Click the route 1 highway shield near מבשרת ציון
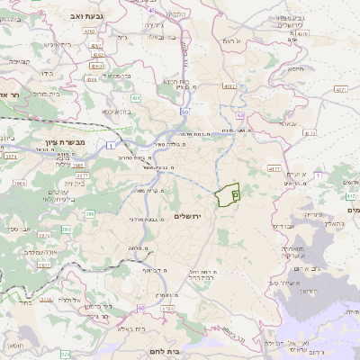(x=111, y=145)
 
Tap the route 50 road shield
(x=184, y=112)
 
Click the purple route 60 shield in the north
(x=241, y=116)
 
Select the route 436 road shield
(x=136, y=96)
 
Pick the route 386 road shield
(x=89, y=213)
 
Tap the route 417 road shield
(x=274, y=167)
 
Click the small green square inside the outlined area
(x=236, y=193)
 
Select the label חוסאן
(x=27, y=346)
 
